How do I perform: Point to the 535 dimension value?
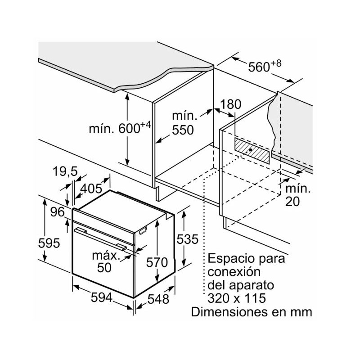(x=187, y=240)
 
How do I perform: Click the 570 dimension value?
(x=157, y=262)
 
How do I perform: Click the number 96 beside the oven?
(x=57, y=211)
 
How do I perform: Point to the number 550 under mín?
(x=183, y=130)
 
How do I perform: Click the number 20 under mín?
(x=292, y=202)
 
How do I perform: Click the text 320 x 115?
(x=237, y=298)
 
